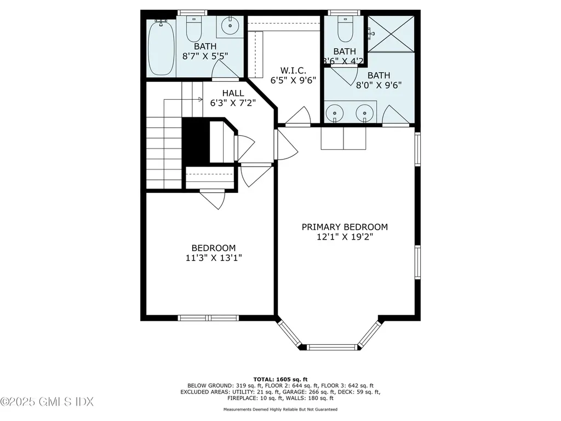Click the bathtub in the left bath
pyautogui.click(x=161, y=47)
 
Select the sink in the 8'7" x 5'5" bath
pyautogui.click(x=230, y=25)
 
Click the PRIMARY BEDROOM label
pyautogui.click(x=345, y=227)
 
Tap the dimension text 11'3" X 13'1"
pyautogui.click(x=214, y=258)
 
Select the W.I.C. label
pyautogui.click(x=290, y=70)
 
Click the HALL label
pyautogui.click(x=233, y=94)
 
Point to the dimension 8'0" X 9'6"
pyautogui.click(x=379, y=85)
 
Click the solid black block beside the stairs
pyautogui.click(x=196, y=141)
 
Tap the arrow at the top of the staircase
pyautogui.click(x=200, y=100)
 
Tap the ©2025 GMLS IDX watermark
pyautogui.click(x=47, y=402)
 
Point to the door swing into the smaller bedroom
pyautogui.click(x=214, y=199)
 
